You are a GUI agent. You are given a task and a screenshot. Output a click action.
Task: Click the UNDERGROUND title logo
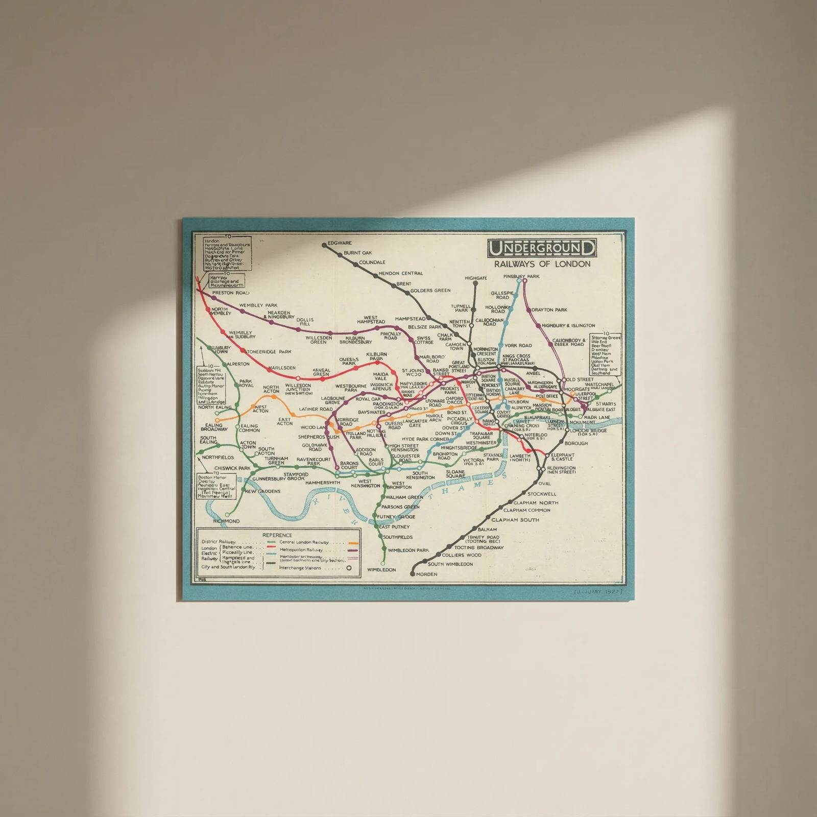coord(541,248)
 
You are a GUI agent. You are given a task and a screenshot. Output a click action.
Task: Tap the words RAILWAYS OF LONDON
coord(542,264)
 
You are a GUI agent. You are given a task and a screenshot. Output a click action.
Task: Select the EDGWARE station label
coord(340,243)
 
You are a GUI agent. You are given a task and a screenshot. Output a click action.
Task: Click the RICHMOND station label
coord(226,521)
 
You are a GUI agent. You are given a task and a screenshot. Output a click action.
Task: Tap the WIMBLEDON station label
coord(381,569)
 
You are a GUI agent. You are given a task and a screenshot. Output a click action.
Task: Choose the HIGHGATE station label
coord(476,278)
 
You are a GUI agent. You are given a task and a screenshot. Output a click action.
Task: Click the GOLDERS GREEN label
coord(430,291)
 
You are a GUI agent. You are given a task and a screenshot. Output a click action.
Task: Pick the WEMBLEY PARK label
coord(258,305)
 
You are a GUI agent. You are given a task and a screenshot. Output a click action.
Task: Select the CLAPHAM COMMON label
coord(526,510)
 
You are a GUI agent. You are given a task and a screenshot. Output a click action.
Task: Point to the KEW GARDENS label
coord(262,491)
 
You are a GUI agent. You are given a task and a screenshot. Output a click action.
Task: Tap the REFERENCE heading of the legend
coord(277,535)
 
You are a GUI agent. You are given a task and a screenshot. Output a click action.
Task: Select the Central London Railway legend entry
coord(304,542)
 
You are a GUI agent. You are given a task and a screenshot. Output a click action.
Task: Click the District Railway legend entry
coord(219,542)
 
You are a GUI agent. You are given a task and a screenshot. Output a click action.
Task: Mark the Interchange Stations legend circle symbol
coord(349,568)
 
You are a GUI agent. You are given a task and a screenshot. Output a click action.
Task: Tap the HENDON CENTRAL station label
coord(400,273)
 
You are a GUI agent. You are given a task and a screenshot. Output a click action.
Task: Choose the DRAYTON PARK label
coord(549,310)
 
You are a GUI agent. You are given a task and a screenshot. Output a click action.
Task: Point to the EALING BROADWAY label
coord(214,427)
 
